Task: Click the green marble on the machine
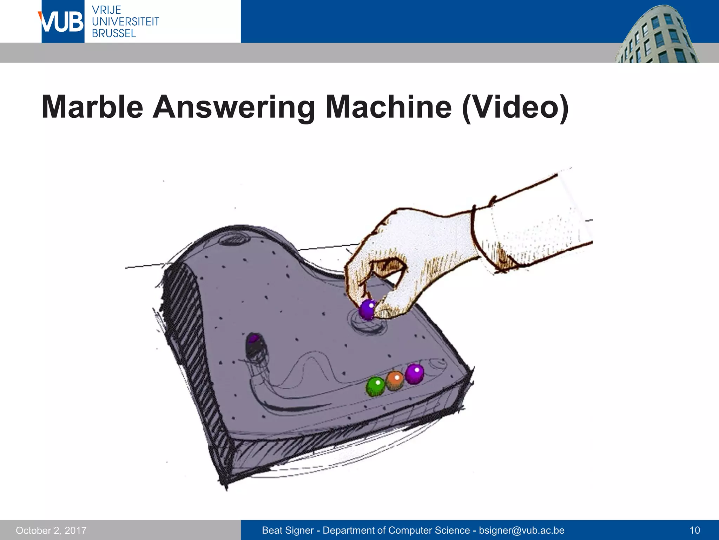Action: tap(375, 386)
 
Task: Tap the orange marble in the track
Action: tap(395, 380)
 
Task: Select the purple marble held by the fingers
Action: tap(367, 309)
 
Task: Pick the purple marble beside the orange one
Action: tap(415, 373)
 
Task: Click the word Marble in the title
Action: tap(92, 107)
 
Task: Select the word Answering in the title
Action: tap(233, 107)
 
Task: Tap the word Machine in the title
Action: tap(388, 107)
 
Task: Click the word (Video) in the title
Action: tap(515, 107)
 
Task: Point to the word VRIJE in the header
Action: tap(106, 10)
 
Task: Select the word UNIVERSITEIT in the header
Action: tap(125, 21)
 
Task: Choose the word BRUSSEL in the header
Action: tap(114, 33)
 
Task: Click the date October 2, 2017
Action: tap(51, 530)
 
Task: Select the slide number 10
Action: tap(695, 530)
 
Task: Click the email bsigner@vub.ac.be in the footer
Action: tap(522, 530)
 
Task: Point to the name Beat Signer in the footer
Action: tap(288, 530)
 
